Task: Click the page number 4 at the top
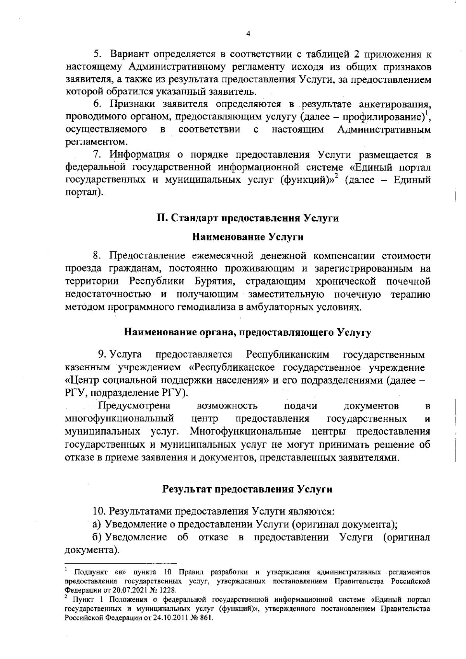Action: click(248, 34)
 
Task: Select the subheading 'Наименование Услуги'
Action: click(248, 237)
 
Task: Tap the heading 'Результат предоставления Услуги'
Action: click(247, 489)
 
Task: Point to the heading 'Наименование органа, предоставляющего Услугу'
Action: click(247, 332)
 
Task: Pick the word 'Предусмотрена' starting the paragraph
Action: click(135, 406)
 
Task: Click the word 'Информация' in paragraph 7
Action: click(139, 155)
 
